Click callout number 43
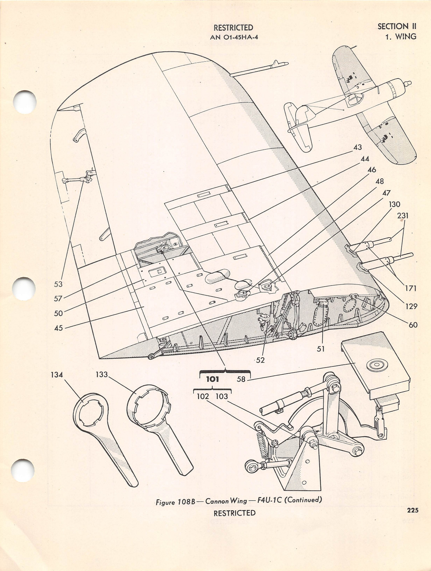(x=357, y=147)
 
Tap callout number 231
(x=402, y=216)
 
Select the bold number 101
(x=212, y=379)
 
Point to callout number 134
(x=57, y=374)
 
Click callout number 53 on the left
(x=58, y=284)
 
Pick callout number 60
(x=413, y=325)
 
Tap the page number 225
(x=412, y=510)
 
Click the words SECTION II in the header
(x=397, y=26)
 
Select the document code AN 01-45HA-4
(x=234, y=37)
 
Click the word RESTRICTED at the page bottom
(x=234, y=513)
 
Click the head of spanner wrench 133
(x=148, y=403)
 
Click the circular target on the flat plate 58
(x=375, y=365)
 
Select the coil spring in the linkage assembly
(x=263, y=446)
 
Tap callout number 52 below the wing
(x=260, y=360)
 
